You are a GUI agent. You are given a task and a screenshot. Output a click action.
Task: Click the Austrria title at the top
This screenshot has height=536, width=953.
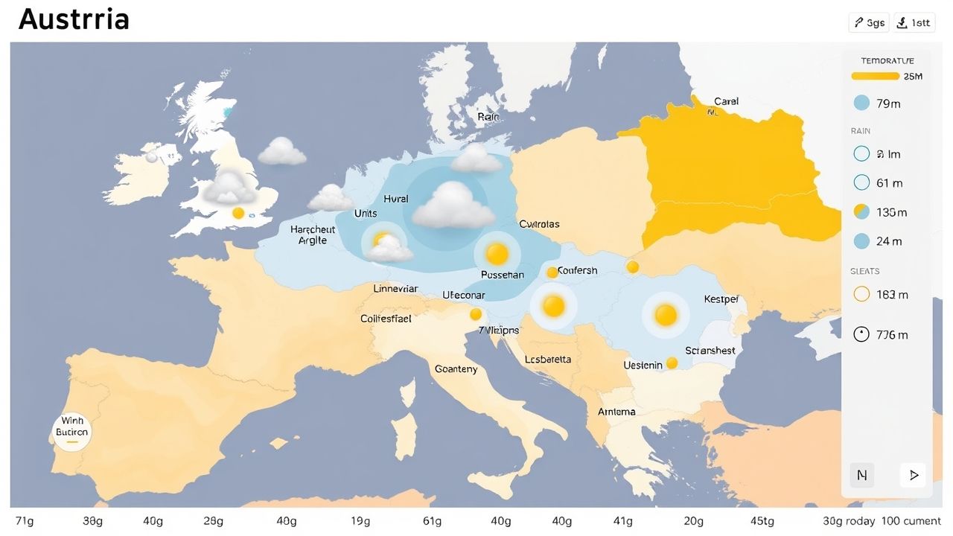tap(74, 19)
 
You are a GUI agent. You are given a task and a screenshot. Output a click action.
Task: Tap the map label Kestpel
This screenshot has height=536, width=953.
tap(721, 299)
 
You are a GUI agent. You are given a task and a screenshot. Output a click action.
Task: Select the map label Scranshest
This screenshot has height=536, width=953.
tap(710, 351)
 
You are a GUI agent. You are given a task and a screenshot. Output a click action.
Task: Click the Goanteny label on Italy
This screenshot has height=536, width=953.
tap(456, 369)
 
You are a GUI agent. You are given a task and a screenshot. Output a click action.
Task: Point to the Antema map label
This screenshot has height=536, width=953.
tap(616, 412)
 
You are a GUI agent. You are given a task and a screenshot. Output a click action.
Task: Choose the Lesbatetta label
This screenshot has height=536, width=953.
tap(548, 360)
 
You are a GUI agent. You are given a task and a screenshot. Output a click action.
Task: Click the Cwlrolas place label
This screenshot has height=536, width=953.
tap(539, 224)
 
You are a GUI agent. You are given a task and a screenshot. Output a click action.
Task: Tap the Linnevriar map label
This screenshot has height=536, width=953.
tap(395, 289)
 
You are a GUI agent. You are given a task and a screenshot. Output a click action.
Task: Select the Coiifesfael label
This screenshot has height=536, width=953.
tap(386, 319)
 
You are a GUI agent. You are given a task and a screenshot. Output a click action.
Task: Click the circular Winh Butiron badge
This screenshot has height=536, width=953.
tap(72, 433)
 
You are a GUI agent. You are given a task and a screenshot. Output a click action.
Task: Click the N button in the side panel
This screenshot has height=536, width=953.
tap(862, 475)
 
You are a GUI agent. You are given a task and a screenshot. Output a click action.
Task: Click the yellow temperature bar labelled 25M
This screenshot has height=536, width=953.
tap(876, 76)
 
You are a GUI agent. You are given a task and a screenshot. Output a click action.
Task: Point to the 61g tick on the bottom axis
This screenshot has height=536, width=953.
tap(432, 521)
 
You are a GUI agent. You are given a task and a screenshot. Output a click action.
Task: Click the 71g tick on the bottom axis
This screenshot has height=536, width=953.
tap(25, 521)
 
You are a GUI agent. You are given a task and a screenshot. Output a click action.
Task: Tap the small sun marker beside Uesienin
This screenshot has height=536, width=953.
tap(672, 363)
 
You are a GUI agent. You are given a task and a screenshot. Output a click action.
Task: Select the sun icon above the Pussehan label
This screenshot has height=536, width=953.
tap(497, 255)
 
